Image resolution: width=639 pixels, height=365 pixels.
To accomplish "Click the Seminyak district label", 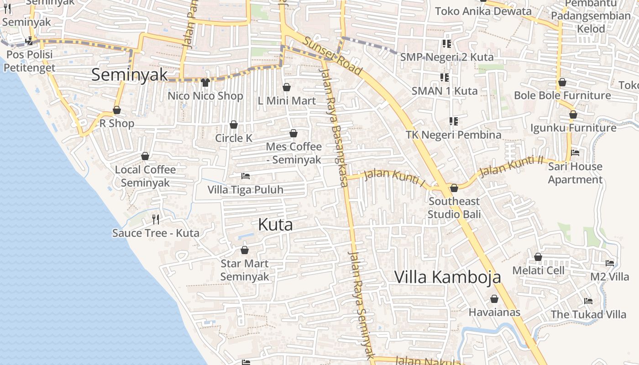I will point(129,75).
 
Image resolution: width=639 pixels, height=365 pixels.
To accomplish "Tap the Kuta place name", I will point(275,224).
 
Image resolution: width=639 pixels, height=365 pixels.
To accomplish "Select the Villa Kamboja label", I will point(447,277).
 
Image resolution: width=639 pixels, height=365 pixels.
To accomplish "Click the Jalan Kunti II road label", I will point(512,166).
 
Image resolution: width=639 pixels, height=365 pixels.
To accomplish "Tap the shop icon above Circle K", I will point(234,125).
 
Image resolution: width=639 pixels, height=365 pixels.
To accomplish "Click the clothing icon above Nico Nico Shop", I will point(205,83).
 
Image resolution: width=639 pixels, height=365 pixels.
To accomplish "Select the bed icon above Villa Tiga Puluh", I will point(246,176).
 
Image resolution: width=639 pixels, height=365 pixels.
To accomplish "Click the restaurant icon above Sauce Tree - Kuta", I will point(156,219).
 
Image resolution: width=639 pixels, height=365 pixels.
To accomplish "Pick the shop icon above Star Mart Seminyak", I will point(245,250).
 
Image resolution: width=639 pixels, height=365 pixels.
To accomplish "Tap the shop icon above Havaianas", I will point(494,299).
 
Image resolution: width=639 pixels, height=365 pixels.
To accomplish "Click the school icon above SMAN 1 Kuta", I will point(444,78).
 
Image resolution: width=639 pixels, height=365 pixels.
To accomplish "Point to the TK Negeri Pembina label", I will point(453,135).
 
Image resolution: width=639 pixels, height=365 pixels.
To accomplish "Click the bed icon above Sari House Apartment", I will point(575,153).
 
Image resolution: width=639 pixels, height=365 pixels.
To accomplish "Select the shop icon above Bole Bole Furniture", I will point(562,82).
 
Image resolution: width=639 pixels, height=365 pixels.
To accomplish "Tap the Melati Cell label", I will point(538,271).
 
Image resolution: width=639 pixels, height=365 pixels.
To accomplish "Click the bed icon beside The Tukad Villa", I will point(588,301).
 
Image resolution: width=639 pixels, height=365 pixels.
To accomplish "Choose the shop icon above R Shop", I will point(117,110).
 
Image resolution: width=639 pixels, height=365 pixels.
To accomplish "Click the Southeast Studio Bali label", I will point(454,208).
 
